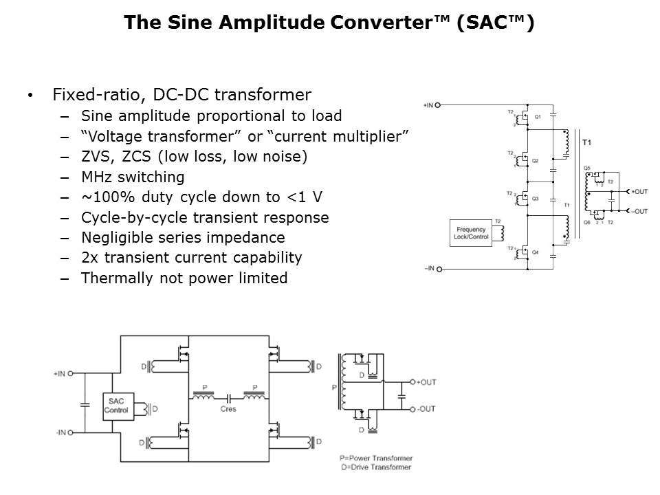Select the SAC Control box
coord(116,406)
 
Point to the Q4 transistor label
coord(536,253)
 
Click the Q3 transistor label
coord(536,198)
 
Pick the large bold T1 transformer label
coord(586,143)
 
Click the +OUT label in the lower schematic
coord(426,382)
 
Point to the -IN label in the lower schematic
coord(61,432)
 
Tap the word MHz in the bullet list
coord(97,177)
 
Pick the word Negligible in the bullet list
coord(115,238)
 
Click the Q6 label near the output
coord(586,222)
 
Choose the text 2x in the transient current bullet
coord(89,258)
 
